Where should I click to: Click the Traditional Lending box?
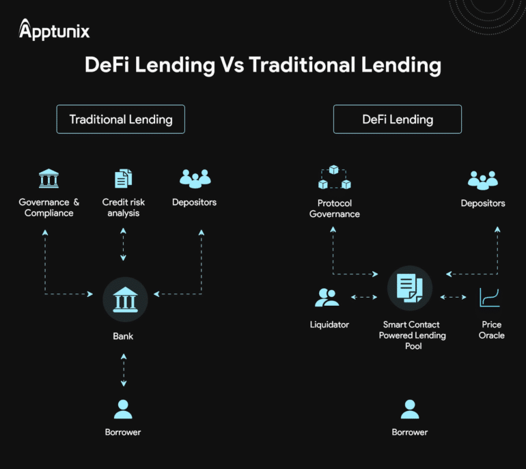(120, 119)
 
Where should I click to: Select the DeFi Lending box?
(397, 119)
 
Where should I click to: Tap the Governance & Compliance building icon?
(49, 179)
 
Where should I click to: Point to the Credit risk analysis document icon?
(123, 179)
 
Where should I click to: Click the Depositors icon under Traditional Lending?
(195, 179)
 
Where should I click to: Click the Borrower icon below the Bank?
(123, 409)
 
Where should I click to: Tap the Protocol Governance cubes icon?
(335, 177)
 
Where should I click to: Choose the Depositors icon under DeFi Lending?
(483, 180)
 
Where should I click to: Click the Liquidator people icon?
(327, 297)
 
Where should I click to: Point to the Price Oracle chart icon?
(490, 297)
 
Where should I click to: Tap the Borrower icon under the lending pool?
(410, 409)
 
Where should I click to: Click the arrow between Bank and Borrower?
(123, 371)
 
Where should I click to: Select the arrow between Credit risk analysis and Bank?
(123, 244)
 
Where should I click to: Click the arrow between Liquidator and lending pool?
(363, 297)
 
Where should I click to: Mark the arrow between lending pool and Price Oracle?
(454, 297)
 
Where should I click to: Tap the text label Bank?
(123, 337)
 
